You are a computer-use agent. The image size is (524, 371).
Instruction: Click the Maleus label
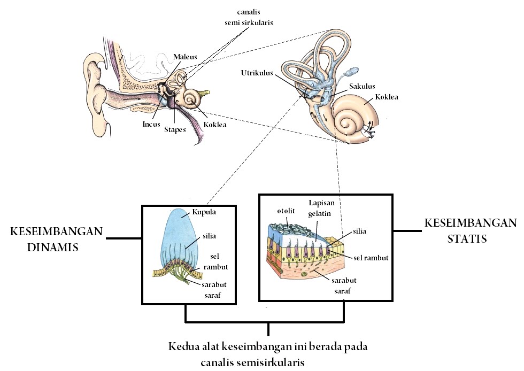(x=186, y=57)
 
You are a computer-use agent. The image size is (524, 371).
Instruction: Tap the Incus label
(x=151, y=123)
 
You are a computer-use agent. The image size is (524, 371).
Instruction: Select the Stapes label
(x=175, y=129)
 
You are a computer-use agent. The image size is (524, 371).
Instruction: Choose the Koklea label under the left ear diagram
(x=215, y=126)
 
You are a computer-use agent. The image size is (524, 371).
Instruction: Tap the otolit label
(x=287, y=210)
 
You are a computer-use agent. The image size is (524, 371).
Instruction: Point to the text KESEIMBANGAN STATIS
(x=470, y=230)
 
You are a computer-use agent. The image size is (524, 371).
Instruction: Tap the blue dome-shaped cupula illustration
(x=182, y=230)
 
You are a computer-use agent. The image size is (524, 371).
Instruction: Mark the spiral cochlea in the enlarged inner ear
(x=353, y=121)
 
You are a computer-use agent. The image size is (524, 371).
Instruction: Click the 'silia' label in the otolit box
(x=360, y=231)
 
